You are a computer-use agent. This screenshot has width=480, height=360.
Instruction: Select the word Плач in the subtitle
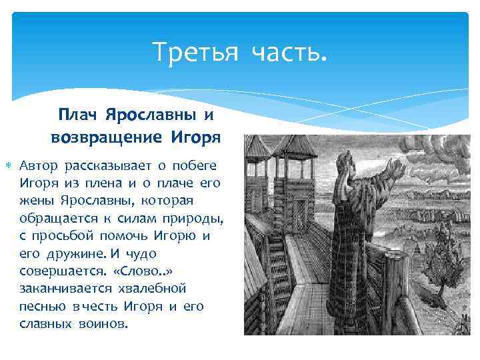tap(77, 115)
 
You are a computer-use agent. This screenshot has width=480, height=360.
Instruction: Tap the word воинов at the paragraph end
tap(103, 325)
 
